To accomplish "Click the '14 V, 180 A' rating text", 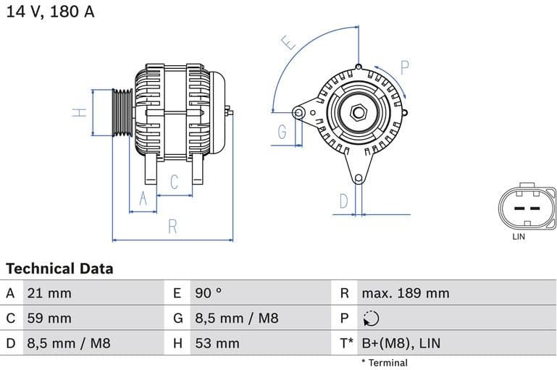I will (50, 12).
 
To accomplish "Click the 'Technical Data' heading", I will (59, 269).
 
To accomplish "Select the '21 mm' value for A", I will (49, 293).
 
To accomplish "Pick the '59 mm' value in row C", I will (49, 318).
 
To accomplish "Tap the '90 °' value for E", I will (208, 293).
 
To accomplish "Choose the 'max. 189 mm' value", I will (406, 293).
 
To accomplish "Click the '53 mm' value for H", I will (217, 343).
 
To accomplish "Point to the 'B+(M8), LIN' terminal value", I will (401, 343).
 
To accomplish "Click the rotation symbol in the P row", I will (369, 319).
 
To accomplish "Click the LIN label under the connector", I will (519, 236).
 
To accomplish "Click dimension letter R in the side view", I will (172, 227).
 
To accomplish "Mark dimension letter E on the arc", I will (289, 43).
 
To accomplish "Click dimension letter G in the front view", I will (282, 132).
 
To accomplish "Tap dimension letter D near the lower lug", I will (344, 201).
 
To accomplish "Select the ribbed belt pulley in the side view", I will (122, 113).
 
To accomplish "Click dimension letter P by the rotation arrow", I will (405, 68).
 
